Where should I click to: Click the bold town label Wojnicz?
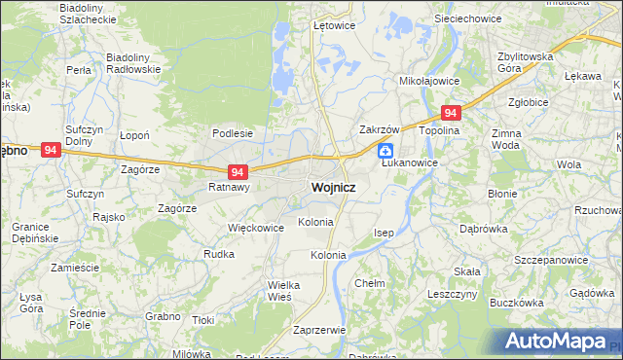pos(332,187)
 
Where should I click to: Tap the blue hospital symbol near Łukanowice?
pos(386,151)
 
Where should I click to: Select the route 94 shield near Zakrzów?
pos(450,113)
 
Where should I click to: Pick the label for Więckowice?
pos(255,228)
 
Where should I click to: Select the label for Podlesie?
pos(233,134)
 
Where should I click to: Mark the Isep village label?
pos(385,234)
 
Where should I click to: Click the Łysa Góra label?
pos(29,302)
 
